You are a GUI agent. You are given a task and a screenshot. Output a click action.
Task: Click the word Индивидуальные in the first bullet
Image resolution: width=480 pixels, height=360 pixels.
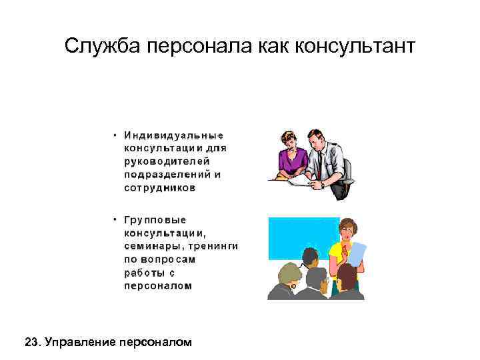(x=173, y=135)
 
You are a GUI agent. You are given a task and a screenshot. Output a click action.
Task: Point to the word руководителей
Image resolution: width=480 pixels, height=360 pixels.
(x=167, y=161)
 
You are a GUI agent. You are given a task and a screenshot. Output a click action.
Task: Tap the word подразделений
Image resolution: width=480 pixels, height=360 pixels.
(x=167, y=175)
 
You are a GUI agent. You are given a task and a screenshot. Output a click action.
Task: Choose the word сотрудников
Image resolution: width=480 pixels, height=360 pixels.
(x=160, y=188)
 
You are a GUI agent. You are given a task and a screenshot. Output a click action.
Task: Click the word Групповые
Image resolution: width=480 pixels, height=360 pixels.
(x=155, y=220)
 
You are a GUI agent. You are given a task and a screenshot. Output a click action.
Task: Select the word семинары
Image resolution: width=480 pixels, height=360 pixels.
(x=151, y=246)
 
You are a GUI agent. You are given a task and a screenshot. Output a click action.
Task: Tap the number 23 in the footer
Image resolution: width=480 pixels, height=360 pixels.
(x=31, y=343)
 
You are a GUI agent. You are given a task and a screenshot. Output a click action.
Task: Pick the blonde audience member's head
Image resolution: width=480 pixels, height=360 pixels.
(x=289, y=273)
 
